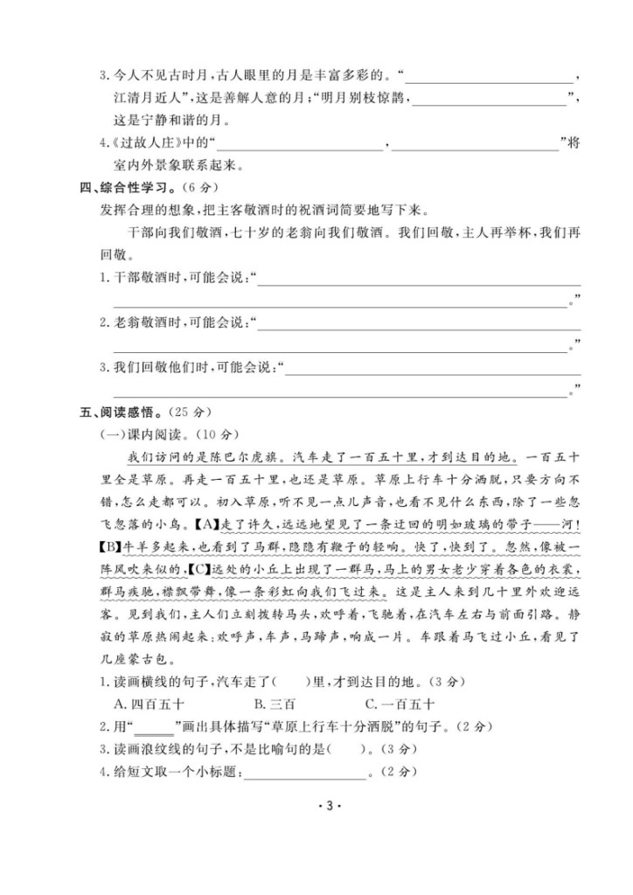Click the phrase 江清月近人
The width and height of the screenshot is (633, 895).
click(x=146, y=97)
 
